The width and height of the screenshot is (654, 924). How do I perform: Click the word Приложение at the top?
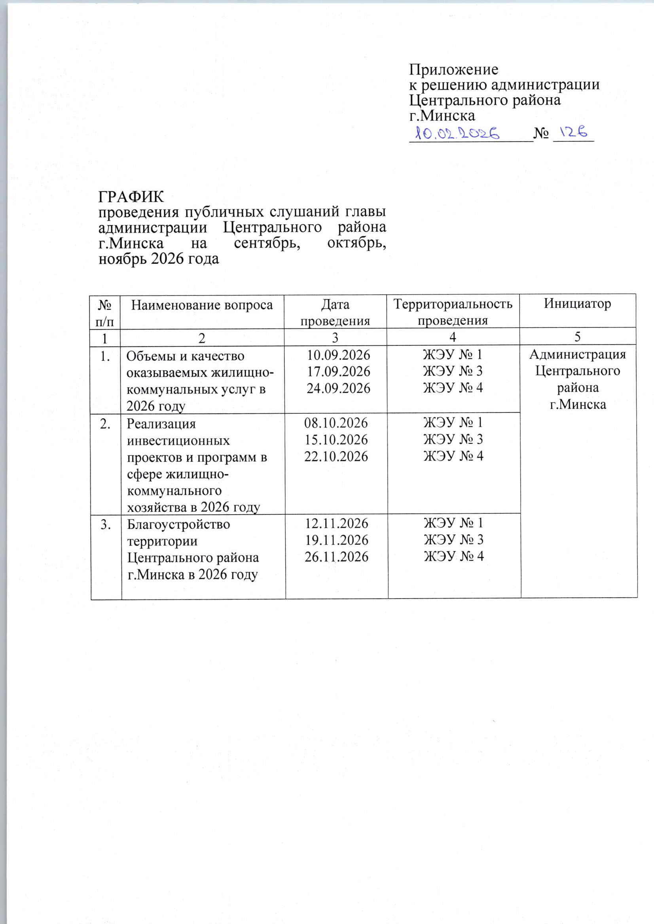pyautogui.click(x=453, y=70)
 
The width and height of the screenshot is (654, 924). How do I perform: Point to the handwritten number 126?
pyautogui.click(x=574, y=132)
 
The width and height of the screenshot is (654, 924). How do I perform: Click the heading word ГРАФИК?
pyautogui.click(x=131, y=197)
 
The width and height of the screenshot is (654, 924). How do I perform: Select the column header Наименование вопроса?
pyautogui.click(x=202, y=305)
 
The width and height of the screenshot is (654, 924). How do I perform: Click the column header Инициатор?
pyautogui.click(x=577, y=303)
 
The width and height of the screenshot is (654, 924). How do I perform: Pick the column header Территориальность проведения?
pyautogui.click(x=453, y=312)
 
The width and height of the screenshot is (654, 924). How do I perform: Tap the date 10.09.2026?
pyautogui.click(x=338, y=355)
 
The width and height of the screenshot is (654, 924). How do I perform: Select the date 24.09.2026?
pyautogui.click(x=338, y=388)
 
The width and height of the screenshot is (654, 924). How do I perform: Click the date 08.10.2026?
pyautogui.click(x=336, y=423)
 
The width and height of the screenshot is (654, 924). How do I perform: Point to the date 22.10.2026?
pyautogui.click(x=336, y=456)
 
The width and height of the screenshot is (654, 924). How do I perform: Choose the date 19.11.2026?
pyautogui.click(x=336, y=540)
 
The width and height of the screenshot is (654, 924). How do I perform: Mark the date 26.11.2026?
pyautogui.click(x=336, y=557)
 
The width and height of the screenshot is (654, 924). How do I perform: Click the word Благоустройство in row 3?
pyautogui.click(x=178, y=524)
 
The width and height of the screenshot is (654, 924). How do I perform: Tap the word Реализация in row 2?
pyautogui.click(x=161, y=424)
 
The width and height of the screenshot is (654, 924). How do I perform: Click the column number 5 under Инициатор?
pyautogui.click(x=577, y=337)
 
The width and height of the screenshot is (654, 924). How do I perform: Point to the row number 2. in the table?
pyautogui.click(x=106, y=424)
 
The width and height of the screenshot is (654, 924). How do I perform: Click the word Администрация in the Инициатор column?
pyautogui.click(x=577, y=354)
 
